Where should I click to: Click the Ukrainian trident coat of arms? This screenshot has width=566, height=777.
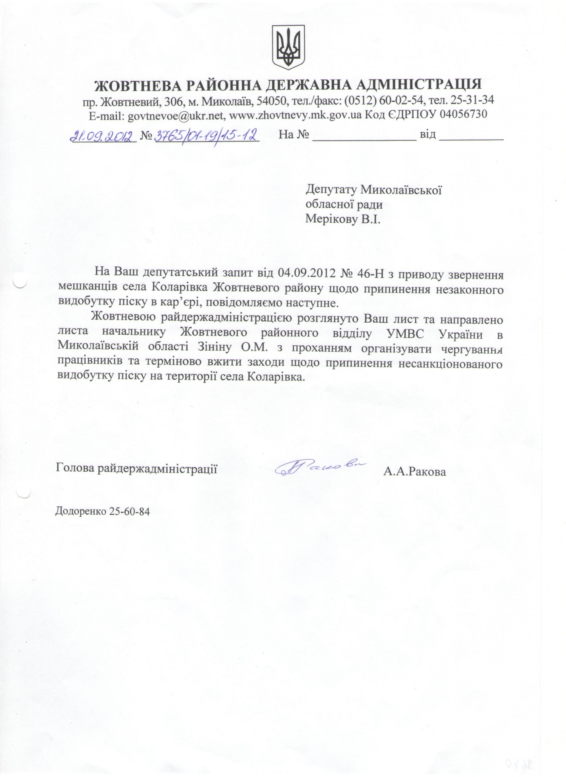[x=288, y=47]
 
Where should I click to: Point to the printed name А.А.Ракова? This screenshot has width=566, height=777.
[x=414, y=472]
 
